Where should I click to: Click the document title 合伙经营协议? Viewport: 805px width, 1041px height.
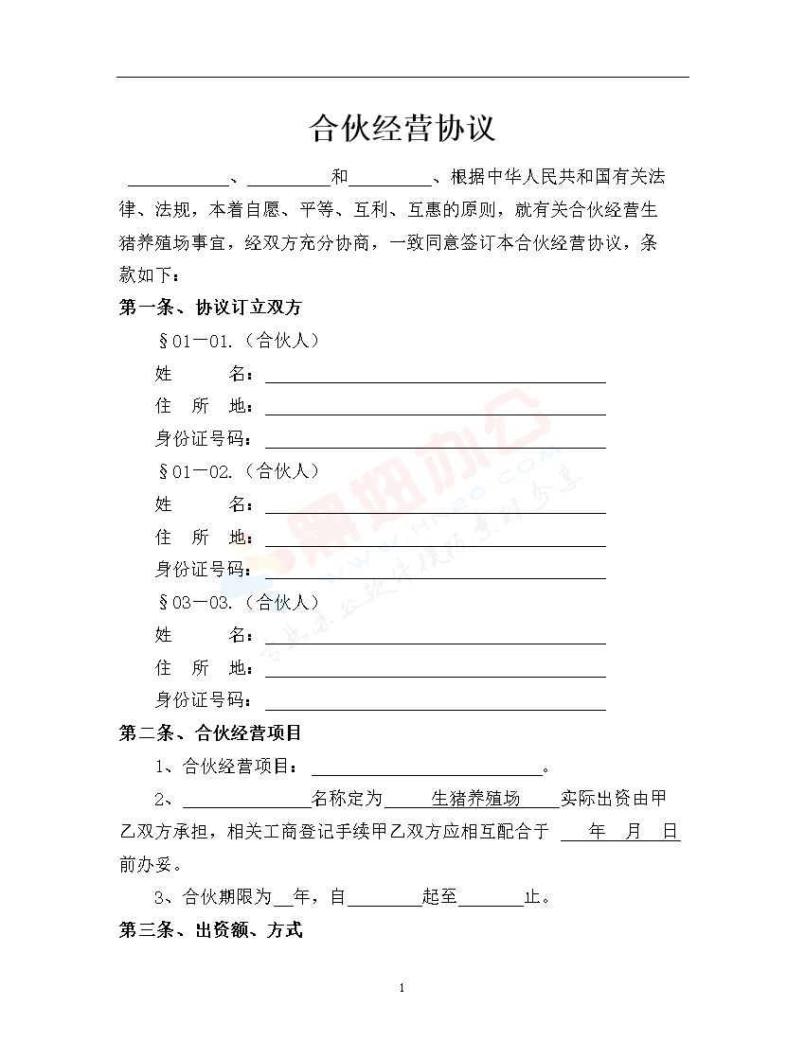click(x=402, y=129)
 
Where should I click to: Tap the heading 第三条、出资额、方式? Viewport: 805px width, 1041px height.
click(x=210, y=930)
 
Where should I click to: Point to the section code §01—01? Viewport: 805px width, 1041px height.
click(x=196, y=341)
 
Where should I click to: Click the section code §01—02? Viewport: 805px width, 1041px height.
click(x=196, y=471)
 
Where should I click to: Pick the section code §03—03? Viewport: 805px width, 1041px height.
click(x=196, y=602)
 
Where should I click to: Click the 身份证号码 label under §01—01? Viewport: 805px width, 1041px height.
click(x=203, y=439)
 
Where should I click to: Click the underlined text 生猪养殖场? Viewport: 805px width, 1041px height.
click(x=475, y=799)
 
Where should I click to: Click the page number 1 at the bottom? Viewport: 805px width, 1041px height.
click(x=402, y=989)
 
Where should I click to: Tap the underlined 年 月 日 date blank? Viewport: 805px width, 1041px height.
click(x=621, y=833)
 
